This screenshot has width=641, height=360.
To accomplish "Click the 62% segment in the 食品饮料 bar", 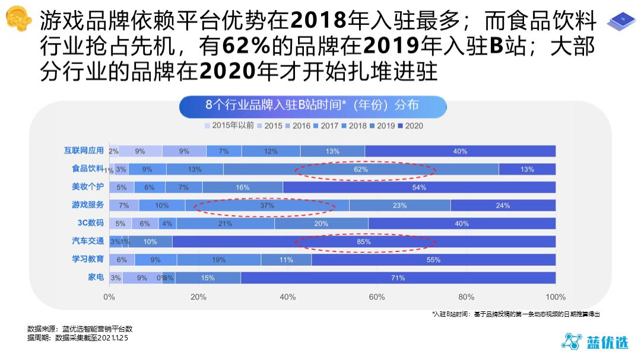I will (361, 170).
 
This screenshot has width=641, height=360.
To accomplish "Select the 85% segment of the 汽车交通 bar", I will (364, 241).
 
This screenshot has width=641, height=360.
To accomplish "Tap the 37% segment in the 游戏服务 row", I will (267, 206).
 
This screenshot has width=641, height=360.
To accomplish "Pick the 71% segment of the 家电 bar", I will (398, 278).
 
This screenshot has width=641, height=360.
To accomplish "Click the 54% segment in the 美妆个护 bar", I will (419, 187).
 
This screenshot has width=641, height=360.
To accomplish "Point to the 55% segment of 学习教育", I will (433, 260).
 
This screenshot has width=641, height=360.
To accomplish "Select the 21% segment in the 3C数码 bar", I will (225, 224).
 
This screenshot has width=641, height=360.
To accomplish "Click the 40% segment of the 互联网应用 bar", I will (460, 151).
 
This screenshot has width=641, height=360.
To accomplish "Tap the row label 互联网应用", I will (84, 151).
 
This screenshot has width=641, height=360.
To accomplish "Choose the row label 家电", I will (96, 277).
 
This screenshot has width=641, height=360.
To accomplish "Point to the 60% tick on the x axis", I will (377, 297).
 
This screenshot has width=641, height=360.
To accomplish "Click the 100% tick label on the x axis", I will (555, 297).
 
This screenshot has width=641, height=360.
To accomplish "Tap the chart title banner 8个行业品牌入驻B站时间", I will (312, 106).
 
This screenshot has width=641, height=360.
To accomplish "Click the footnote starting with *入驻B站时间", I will (520, 314).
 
